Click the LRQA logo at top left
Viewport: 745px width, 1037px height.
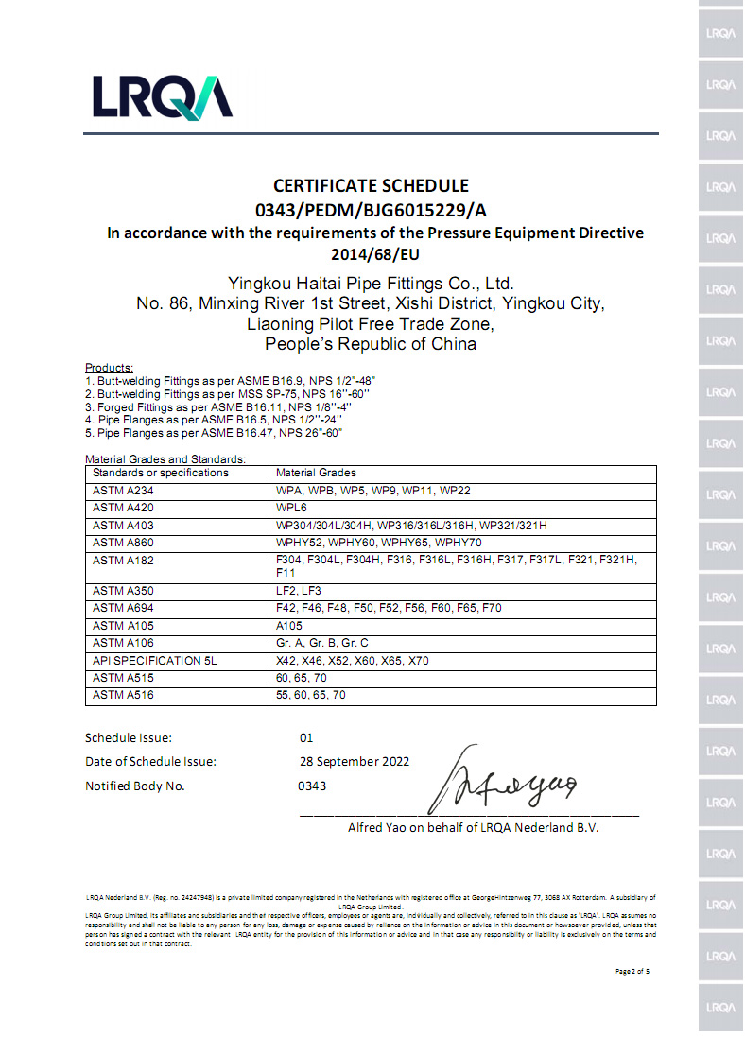click(x=162, y=97)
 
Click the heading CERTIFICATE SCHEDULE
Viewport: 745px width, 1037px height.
click(x=371, y=186)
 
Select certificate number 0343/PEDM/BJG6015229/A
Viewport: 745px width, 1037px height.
click(x=371, y=210)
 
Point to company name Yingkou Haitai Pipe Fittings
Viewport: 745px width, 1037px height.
click(x=371, y=284)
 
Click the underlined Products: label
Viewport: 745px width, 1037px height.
click(x=110, y=367)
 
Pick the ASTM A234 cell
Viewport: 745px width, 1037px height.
click(x=116, y=490)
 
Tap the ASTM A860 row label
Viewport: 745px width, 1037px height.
click(x=116, y=543)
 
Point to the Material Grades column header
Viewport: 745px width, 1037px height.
click(x=316, y=473)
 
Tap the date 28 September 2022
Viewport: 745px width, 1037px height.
click(x=354, y=762)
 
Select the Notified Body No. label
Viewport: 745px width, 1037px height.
click(x=135, y=786)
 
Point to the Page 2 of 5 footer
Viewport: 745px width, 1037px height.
click(x=632, y=971)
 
